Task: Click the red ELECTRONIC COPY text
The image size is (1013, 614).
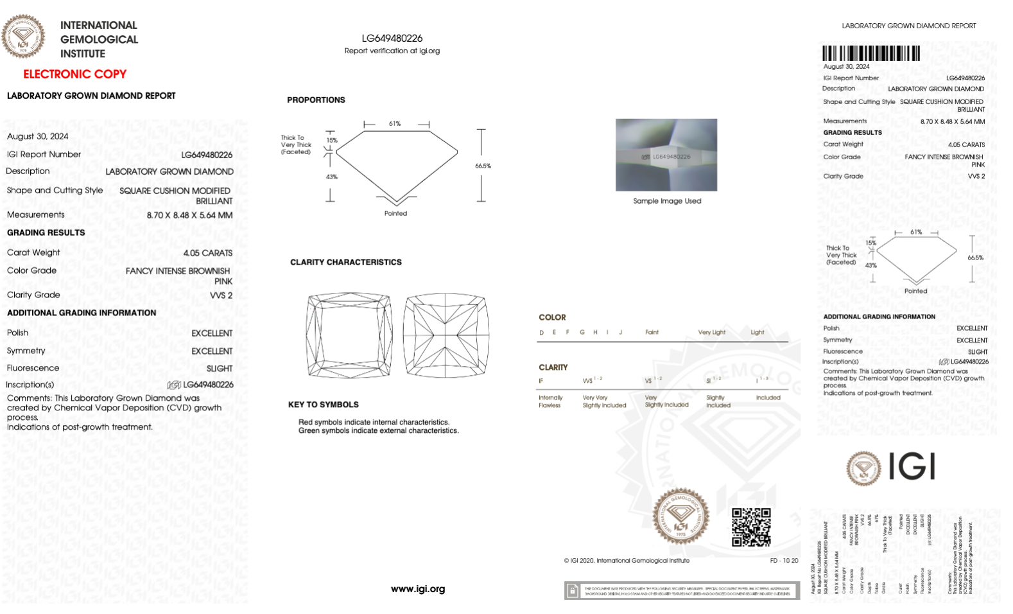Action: (74, 74)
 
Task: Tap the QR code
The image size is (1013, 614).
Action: (751, 527)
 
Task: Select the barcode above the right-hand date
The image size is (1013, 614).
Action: (871, 53)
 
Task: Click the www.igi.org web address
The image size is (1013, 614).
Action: (418, 589)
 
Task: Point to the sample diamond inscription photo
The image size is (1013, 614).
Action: (666, 155)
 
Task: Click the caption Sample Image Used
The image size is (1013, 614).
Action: (667, 201)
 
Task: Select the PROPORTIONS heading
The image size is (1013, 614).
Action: (316, 100)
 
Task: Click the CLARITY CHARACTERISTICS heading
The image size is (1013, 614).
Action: (346, 262)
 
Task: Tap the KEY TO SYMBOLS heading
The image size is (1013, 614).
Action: (324, 405)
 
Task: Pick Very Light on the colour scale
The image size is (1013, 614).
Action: (711, 332)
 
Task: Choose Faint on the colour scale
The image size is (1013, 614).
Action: (652, 332)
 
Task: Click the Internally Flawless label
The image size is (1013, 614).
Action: (550, 401)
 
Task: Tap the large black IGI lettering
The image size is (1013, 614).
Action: (912, 466)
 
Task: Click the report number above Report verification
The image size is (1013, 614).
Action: (392, 39)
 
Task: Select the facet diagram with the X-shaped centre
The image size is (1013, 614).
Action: (446, 335)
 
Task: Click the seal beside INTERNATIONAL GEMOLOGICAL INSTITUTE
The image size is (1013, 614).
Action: (24, 37)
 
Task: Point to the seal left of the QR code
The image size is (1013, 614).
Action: (681, 516)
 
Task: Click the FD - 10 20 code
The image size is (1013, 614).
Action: (784, 561)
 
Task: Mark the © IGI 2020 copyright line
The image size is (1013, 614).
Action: (627, 561)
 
